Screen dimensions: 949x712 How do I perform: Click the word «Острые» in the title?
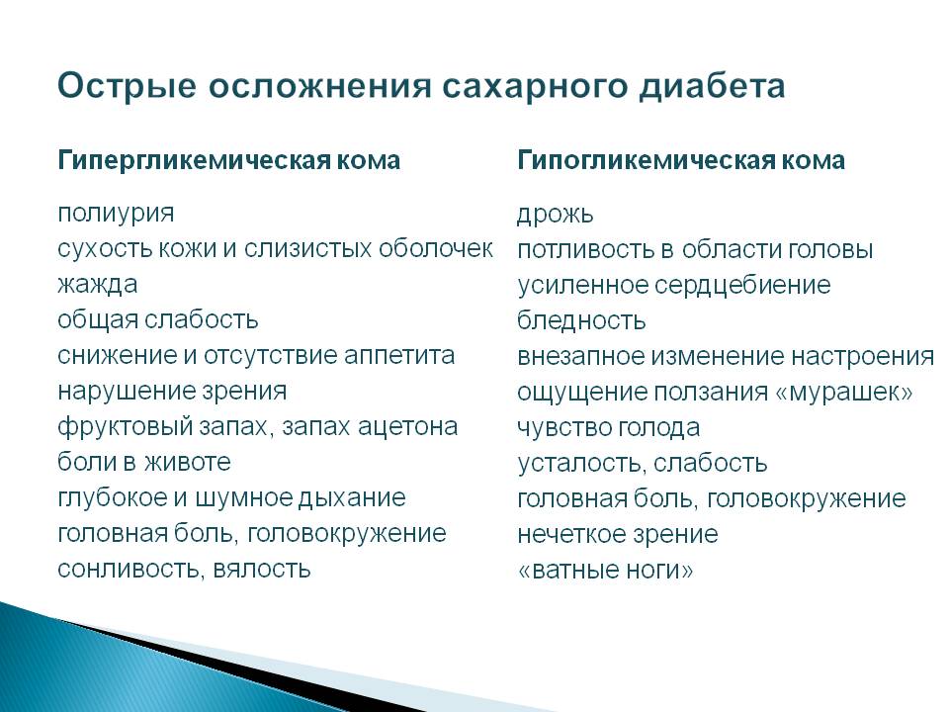click(x=128, y=87)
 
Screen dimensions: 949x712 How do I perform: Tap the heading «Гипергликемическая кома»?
click(x=228, y=161)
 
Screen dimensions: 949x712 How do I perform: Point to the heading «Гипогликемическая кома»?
click(x=681, y=160)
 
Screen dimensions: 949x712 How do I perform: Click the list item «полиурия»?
click(x=116, y=214)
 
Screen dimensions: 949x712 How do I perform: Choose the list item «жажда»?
click(x=98, y=284)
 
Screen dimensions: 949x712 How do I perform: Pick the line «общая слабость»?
click(x=158, y=319)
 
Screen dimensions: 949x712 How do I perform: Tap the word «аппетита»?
click(x=398, y=355)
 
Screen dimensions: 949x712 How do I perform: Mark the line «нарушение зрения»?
click(x=172, y=392)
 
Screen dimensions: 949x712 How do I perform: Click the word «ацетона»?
click(x=407, y=427)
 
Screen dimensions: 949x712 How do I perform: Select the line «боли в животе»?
click(x=144, y=462)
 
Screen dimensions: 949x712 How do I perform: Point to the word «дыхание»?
click(x=352, y=498)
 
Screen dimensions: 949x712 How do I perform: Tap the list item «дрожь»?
click(x=555, y=215)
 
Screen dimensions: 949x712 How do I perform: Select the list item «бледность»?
click(x=581, y=320)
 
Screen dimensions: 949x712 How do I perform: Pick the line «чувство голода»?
click(x=608, y=428)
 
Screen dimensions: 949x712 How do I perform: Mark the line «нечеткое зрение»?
click(x=617, y=534)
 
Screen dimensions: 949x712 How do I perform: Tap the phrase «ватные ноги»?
click(x=605, y=570)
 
